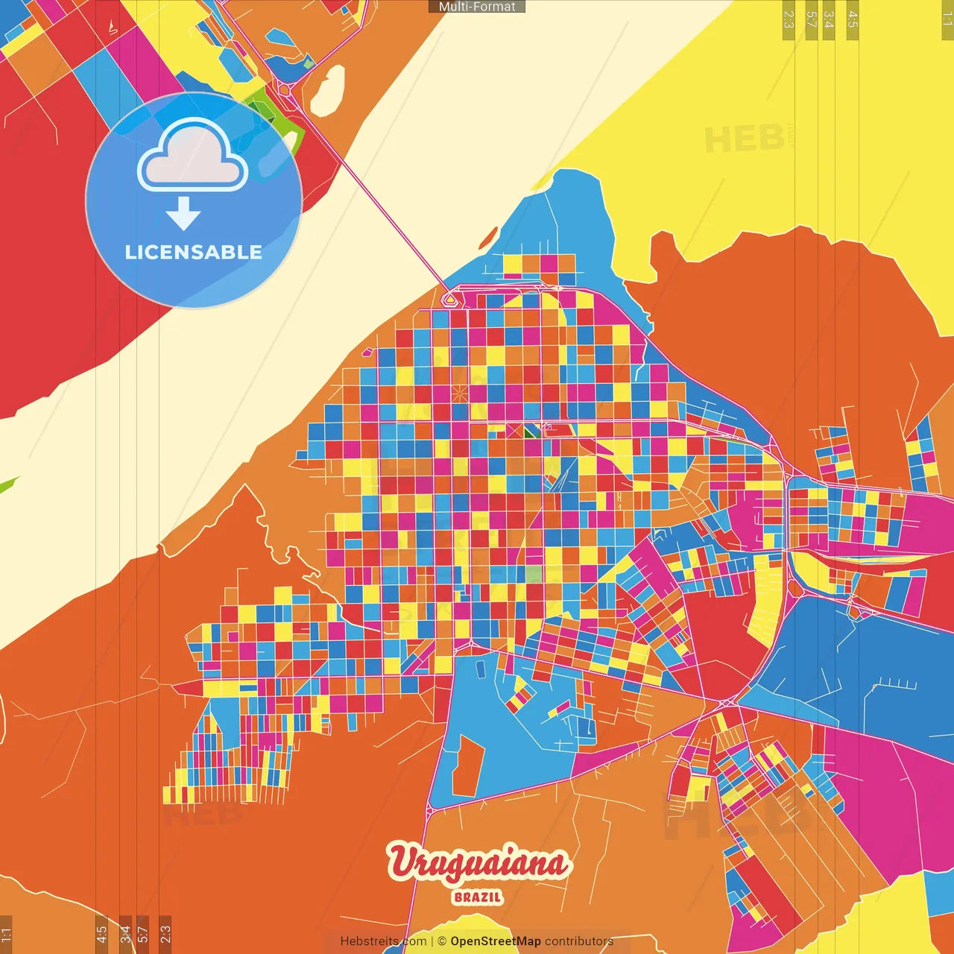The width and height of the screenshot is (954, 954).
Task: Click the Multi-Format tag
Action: [x=477, y=7]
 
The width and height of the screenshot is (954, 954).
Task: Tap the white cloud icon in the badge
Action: [x=193, y=157]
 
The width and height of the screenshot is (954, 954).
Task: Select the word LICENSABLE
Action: [x=194, y=252]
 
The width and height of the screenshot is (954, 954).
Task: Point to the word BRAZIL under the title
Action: [x=478, y=897]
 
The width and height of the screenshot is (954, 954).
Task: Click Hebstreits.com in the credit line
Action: [x=383, y=941]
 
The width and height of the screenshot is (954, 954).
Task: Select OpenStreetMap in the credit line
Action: [x=495, y=941]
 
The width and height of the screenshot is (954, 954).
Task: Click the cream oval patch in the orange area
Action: [x=327, y=91]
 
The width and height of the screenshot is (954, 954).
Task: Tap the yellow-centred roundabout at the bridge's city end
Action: [x=449, y=300]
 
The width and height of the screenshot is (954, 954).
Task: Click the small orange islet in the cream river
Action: [x=488, y=237]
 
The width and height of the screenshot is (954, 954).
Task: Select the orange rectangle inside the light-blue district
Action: [x=467, y=765]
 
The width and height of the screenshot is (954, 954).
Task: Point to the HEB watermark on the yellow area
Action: [x=744, y=139]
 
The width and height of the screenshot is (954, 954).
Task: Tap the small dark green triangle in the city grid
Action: [x=531, y=431]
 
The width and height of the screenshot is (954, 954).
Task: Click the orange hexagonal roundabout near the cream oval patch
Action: [x=285, y=89]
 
